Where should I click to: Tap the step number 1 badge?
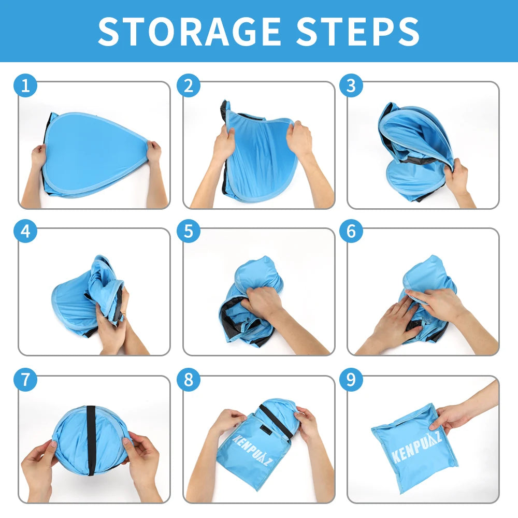point(25,85)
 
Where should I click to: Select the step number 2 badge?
point(189,85)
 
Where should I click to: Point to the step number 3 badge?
point(351,85)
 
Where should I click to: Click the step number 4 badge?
point(25,231)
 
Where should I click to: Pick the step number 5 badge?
point(189,231)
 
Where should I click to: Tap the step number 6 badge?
point(351,231)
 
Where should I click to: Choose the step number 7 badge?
point(25,380)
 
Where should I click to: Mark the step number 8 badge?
point(189,380)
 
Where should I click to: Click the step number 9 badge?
point(351,380)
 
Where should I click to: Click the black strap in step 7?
point(91,441)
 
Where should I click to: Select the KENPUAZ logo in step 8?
point(252,450)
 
